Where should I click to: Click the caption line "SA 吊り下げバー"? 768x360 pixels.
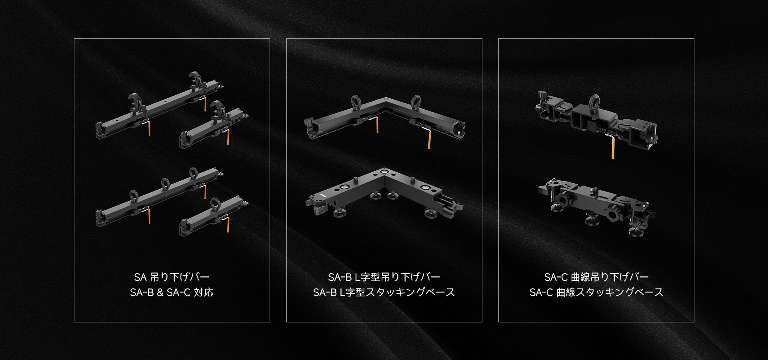pyautogui.click(x=172, y=277)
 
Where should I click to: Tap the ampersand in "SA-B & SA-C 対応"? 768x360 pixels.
pyautogui.click(x=160, y=292)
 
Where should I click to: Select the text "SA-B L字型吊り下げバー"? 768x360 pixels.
pyautogui.click(x=384, y=277)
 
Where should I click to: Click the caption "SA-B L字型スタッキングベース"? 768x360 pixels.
pyautogui.click(x=384, y=292)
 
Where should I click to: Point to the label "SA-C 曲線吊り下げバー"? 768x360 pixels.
pyautogui.click(x=596, y=277)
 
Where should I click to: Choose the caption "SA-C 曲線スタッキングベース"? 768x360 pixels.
pyautogui.click(x=596, y=292)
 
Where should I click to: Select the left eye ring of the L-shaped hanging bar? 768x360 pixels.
pyautogui.click(x=356, y=102)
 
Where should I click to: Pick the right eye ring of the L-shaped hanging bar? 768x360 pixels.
pyautogui.click(x=416, y=102)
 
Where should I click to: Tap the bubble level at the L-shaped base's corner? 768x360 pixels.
pyautogui.click(x=384, y=172)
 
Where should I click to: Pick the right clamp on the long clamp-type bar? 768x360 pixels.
pyautogui.click(x=196, y=80)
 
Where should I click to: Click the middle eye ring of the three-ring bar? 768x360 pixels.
pyautogui.click(x=165, y=184)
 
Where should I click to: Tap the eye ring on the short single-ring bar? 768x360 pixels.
pyautogui.click(x=215, y=203)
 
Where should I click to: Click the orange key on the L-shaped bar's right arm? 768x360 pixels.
pyautogui.click(x=429, y=140)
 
